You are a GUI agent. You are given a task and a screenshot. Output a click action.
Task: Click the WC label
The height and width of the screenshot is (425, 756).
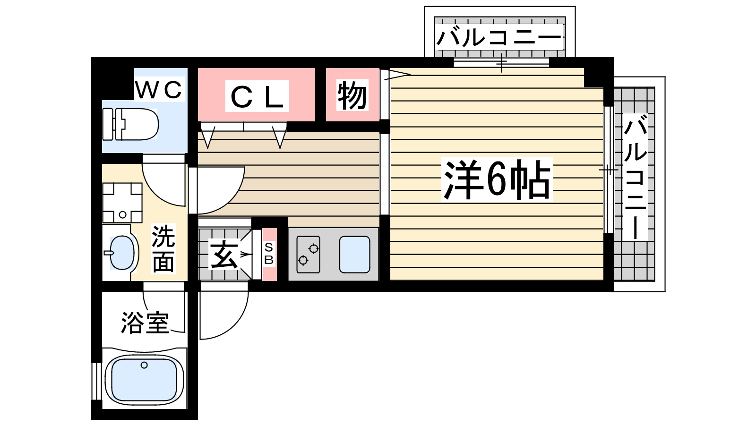coord(159,89)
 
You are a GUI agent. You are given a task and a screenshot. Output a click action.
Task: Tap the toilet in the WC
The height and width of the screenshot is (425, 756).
coord(130,124)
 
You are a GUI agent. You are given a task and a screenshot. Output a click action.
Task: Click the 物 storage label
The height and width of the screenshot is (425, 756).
coord(352,95)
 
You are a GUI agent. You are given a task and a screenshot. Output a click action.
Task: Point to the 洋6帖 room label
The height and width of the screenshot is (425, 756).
coord(497,179)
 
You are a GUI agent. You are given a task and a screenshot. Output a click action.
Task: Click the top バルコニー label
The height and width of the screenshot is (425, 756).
coord(499,37)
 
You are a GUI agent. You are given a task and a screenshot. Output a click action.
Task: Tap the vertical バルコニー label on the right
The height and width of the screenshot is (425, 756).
coord(636,177)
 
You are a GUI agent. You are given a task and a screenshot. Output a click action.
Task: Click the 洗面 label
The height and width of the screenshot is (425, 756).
coord(163,248)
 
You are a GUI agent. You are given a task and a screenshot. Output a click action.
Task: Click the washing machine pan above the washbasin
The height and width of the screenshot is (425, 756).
coord(122,203)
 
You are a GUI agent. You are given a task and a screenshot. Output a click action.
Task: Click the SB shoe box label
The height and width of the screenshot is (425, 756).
coord(269,253)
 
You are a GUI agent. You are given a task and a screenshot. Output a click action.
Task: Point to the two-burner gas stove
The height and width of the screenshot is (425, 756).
coord(308,255)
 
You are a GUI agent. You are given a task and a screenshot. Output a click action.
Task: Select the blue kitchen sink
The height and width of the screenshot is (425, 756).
coord(354,255)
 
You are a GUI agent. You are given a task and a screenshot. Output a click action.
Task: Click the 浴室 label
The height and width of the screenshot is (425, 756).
coord(145,323)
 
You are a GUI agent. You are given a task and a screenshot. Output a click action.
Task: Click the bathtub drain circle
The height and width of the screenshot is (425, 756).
coord(144,365)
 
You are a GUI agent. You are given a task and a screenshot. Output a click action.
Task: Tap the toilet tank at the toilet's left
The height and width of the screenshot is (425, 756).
coord(108,124)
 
